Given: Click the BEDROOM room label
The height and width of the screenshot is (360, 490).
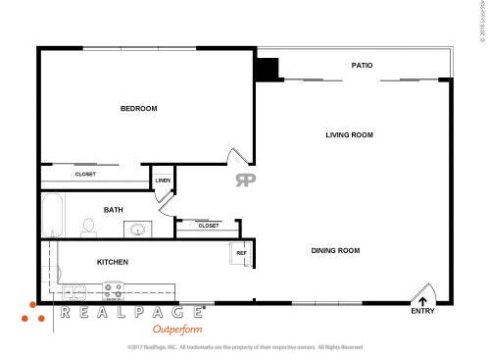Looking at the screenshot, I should tap(138, 109).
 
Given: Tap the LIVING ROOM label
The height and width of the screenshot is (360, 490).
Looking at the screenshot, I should tap(350, 135).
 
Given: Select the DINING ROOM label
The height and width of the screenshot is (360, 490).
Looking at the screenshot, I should tap(335, 251).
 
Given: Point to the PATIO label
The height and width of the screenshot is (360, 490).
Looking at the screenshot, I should tap(362, 66).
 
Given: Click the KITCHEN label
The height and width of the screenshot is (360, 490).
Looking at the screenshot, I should tap(113, 262).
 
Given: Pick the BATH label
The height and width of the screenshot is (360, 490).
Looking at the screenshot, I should tap(113, 210).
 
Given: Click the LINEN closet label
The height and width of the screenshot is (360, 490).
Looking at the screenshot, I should tap(162, 180).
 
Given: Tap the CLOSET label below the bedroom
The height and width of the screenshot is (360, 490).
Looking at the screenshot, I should tap(85, 175).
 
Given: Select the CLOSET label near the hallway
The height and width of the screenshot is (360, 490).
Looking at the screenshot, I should tap(208, 226).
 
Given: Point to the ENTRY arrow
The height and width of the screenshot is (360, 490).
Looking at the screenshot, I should tap(422, 302).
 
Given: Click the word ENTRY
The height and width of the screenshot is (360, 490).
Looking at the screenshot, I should tap(422, 313).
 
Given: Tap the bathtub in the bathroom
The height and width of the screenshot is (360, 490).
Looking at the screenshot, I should tap(52, 216).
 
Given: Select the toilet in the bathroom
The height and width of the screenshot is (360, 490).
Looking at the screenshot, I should tap(88, 228).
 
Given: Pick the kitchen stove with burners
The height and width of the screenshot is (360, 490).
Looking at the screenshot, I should tap(114, 290).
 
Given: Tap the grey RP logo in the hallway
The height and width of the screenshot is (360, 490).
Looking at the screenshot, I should tap(244, 180).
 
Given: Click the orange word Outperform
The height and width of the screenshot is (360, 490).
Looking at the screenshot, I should tap(175, 330).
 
